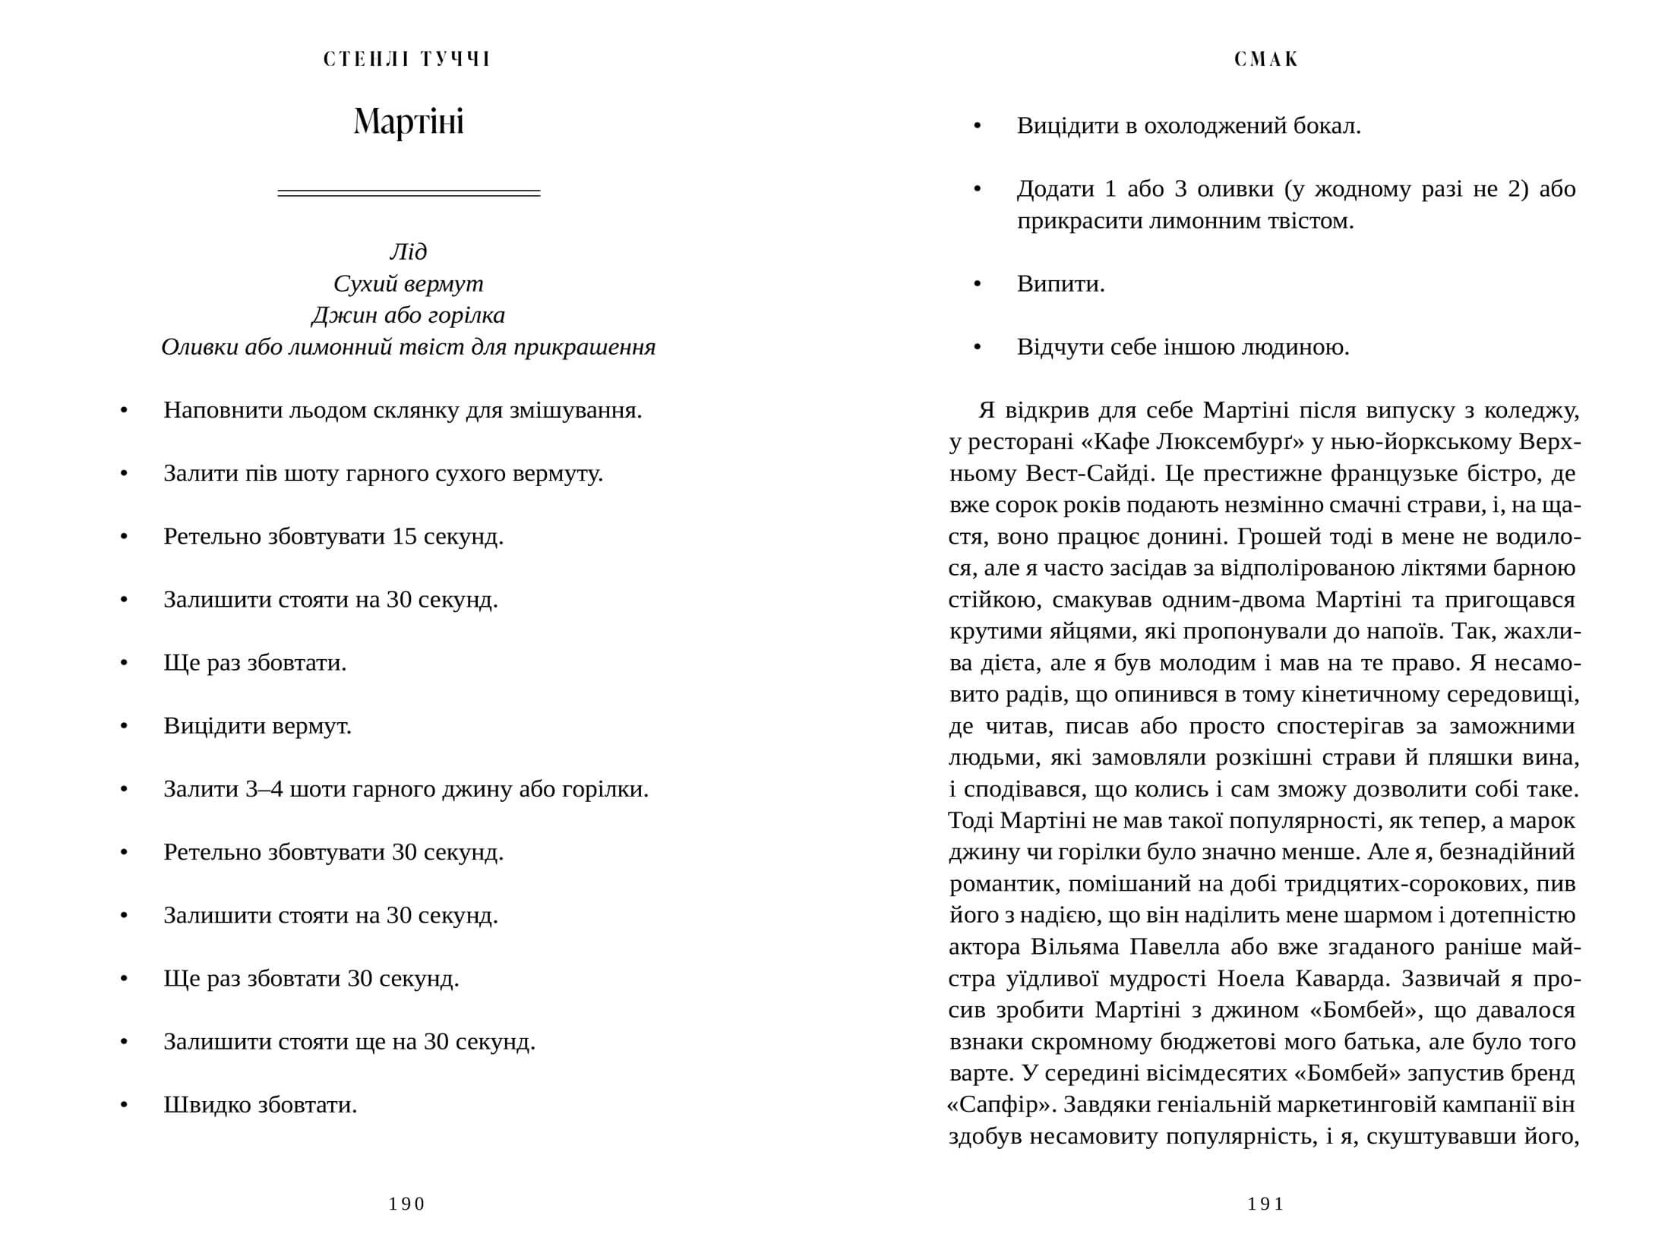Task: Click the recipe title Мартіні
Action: [409, 122]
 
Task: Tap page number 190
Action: [407, 1204]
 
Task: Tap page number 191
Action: [1266, 1204]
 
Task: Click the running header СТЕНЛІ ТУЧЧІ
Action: [408, 59]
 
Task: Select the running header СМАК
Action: [1267, 59]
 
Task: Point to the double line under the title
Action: [409, 193]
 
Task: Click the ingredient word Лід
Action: [409, 251]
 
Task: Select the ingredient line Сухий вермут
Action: [409, 283]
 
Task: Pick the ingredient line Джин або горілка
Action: [409, 315]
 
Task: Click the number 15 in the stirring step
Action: [405, 537]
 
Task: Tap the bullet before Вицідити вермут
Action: [125, 727]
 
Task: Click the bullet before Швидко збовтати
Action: [125, 1105]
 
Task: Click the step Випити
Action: [1060, 284]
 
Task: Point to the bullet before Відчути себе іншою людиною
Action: [978, 348]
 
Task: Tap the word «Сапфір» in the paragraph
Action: [997, 1105]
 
